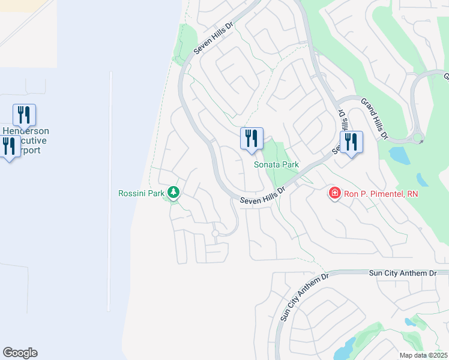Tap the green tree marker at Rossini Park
point(173,192)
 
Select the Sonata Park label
point(276,164)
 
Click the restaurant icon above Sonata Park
point(251,138)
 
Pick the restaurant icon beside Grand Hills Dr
point(351,142)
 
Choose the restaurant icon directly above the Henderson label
point(24,114)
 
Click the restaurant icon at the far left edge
point(8,146)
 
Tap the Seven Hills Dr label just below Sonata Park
point(262,197)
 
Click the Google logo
point(20,353)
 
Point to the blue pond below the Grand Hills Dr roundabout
point(399,156)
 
